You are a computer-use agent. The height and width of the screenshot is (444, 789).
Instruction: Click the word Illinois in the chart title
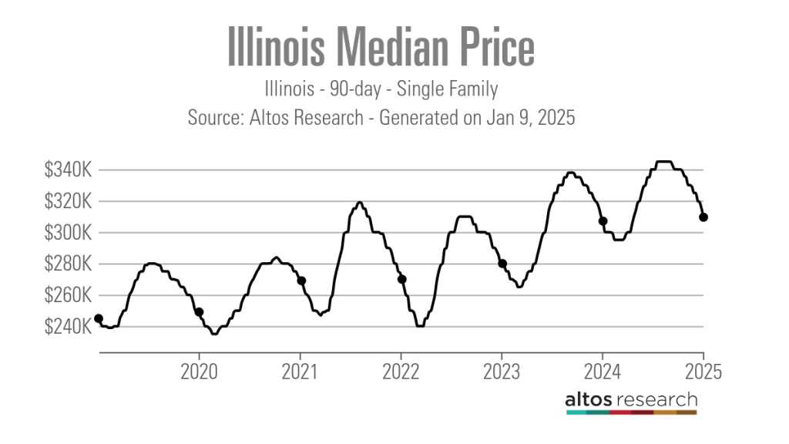280,49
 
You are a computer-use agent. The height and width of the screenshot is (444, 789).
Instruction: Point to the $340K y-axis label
69,170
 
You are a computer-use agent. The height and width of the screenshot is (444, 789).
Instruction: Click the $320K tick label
69,202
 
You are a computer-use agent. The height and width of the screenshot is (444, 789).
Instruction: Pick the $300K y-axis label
69,233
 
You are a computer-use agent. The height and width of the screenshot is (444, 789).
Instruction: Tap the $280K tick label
69,264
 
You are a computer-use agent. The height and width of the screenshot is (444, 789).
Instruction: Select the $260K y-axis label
69,296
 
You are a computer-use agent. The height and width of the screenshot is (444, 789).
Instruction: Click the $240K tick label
69,328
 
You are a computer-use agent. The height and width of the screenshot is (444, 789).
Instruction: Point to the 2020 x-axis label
200,372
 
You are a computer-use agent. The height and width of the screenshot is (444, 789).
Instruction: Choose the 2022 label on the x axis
401,372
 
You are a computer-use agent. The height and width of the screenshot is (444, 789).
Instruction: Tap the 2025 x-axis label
703,372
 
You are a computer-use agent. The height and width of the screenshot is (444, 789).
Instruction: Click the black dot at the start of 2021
301,281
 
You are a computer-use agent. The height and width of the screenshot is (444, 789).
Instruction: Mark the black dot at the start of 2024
603,221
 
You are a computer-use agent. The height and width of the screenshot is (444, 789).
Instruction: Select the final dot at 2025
703,217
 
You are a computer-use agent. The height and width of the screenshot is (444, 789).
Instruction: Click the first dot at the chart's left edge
99,318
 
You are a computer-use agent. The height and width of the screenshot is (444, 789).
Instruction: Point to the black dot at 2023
502,264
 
